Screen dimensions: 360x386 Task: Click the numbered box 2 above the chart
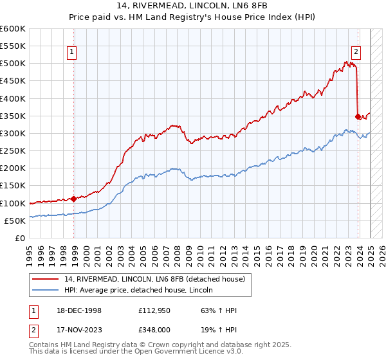click(356, 53)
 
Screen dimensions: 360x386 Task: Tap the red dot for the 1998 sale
click(74, 199)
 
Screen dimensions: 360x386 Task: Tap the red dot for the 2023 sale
click(358, 116)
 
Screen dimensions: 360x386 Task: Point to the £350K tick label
click(13, 116)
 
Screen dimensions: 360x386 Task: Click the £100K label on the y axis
click(13, 203)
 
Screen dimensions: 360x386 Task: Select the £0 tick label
click(21, 238)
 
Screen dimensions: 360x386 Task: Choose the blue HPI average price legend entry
click(142, 291)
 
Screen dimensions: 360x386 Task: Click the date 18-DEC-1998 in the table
click(80, 310)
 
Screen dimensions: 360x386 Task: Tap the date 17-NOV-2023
click(80, 331)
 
